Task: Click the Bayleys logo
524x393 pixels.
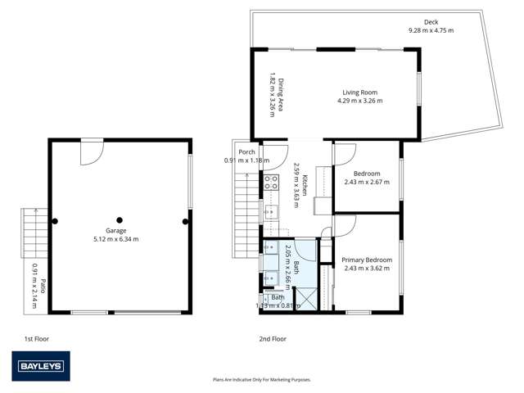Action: (x=40, y=366)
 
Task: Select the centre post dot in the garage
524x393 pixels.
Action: (x=120, y=220)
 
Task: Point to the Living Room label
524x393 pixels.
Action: (x=360, y=93)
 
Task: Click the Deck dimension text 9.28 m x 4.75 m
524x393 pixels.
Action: (x=431, y=30)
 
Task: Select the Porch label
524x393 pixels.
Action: (x=246, y=152)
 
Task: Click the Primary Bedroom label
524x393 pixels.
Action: (x=367, y=260)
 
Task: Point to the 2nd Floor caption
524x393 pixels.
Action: (x=273, y=337)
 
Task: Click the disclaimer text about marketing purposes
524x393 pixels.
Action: (x=261, y=380)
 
